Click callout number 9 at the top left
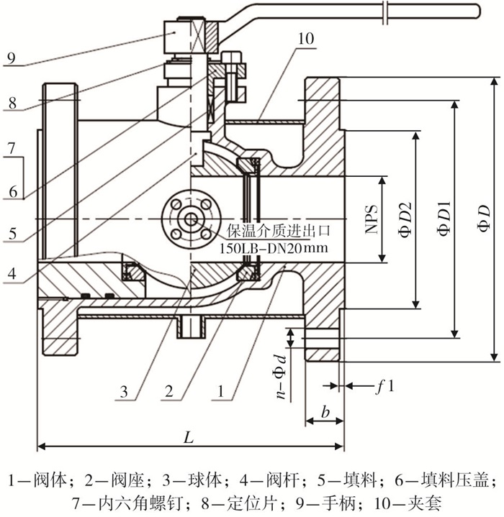(12, 58)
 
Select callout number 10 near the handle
(305, 39)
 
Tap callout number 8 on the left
(12, 104)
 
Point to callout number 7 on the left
(12, 148)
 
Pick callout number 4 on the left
(12, 273)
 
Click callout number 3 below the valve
(124, 392)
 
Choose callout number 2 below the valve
(169, 391)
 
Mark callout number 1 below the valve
(221, 391)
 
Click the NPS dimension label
(372, 219)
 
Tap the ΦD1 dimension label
(444, 218)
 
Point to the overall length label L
(189, 437)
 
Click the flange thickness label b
(325, 411)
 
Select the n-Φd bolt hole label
(281, 378)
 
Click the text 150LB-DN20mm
(274, 247)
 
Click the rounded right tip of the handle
(478, 12)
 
